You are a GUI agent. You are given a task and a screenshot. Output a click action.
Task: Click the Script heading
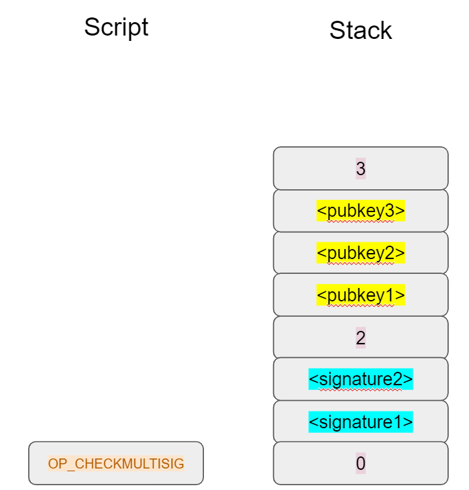(x=116, y=28)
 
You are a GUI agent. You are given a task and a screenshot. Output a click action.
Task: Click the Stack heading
(x=360, y=31)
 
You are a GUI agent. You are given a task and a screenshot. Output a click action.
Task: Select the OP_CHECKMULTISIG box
(x=116, y=463)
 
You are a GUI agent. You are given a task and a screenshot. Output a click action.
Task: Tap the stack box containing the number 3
(x=360, y=168)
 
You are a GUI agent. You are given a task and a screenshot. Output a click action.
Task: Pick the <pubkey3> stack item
(x=360, y=211)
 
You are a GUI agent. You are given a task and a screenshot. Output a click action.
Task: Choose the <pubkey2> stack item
(x=360, y=253)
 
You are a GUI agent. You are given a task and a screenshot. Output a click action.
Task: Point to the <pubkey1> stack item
(x=360, y=295)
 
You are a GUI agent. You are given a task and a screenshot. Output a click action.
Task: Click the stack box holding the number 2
(x=360, y=338)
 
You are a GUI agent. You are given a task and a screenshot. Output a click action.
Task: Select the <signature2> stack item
(x=360, y=379)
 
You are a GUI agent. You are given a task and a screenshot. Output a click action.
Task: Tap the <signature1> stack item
(x=360, y=422)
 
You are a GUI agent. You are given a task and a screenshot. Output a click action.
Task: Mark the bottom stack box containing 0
(x=360, y=463)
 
